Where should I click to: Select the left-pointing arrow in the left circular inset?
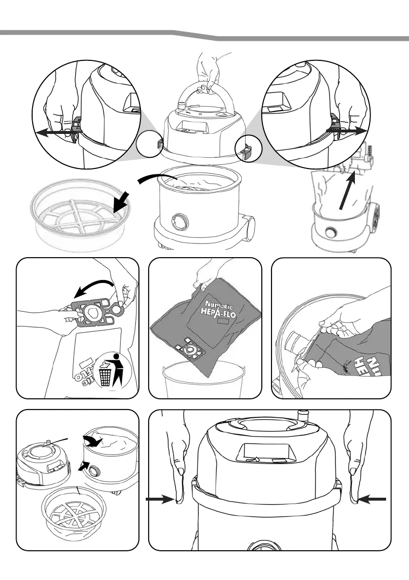click(x=54, y=131)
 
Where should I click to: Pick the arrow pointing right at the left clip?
click(x=160, y=499)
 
